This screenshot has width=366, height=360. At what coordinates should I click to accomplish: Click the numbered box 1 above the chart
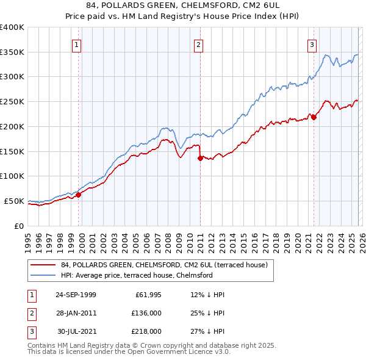click(x=77, y=44)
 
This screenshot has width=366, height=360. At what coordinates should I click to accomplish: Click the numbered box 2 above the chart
click(x=199, y=44)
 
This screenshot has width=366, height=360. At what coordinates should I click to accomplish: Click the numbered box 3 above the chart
click(x=312, y=44)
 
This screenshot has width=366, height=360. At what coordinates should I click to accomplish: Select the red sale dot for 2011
click(x=200, y=158)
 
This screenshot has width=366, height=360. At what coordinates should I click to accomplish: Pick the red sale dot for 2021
click(x=314, y=117)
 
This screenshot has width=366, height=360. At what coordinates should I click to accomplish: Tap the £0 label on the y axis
click(x=18, y=226)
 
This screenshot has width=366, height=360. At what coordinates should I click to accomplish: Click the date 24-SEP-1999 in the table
click(x=76, y=295)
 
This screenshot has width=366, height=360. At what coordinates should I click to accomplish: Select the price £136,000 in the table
click(x=146, y=313)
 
